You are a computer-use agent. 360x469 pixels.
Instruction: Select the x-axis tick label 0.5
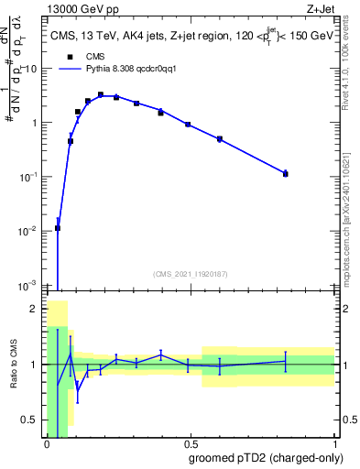pyautogui.click(x=191, y=443)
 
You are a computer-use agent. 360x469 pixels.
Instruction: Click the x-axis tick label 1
pyautogui.click(x=334, y=443)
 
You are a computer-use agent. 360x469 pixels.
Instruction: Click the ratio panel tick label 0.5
pyautogui.click(x=30, y=420)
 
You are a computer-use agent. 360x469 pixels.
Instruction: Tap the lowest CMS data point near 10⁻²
pyautogui.click(x=58, y=228)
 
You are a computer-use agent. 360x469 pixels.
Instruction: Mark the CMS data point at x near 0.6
pyautogui.click(x=220, y=139)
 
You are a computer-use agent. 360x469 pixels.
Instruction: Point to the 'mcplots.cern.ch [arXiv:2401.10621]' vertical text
pyautogui.click(x=353, y=211)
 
